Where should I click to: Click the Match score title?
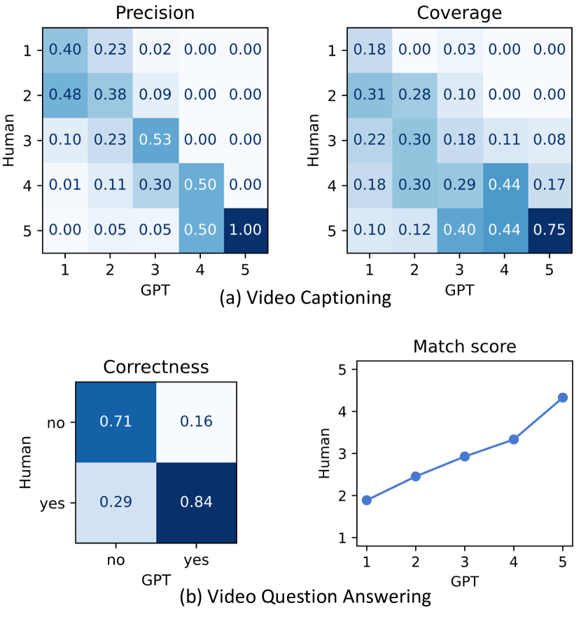(456, 346)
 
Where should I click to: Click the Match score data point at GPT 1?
(366, 500)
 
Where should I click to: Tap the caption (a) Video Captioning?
(305, 298)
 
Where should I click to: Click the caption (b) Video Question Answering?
(304, 597)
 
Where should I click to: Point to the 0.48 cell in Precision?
(65, 95)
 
